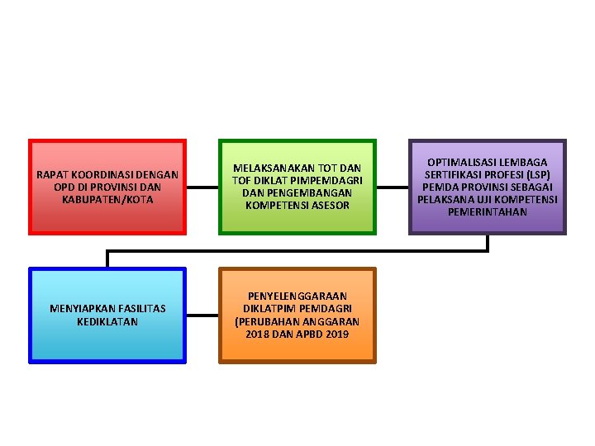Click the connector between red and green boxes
click(202, 187)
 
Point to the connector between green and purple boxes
click(392, 187)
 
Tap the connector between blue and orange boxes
click(202, 315)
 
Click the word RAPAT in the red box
click(53, 174)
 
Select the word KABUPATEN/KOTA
click(107, 199)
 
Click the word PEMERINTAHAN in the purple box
click(488, 211)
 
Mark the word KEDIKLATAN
click(107, 320)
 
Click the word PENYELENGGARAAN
click(297, 295)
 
